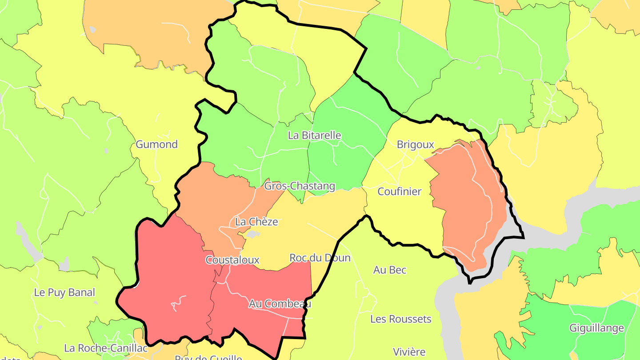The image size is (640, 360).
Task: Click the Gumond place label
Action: click(x=156, y=144)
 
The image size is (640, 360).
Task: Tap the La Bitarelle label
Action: click(x=315, y=135)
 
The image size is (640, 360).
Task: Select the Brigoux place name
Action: click(x=415, y=144)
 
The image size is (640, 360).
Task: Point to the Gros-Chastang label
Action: click(x=300, y=186)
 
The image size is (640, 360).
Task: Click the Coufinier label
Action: click(x=399, y=192)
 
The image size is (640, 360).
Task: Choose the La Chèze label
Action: click(x=256, y=222)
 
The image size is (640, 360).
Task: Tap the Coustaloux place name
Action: click(x=232, y=260)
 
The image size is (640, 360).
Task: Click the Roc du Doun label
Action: click(x=320, y=258)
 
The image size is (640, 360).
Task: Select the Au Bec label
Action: click(x=390, y=270)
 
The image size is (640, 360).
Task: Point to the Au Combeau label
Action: click(x=280, y=304)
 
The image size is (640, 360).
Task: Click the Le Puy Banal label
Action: click(x=64, y=292)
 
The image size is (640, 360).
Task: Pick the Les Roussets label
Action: click(x=401, y=319)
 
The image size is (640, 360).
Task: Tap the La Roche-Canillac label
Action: click(x=106, y=348)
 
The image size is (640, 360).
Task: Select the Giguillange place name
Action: click(x=597, y=328)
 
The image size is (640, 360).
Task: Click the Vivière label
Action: click(x=409, y=352)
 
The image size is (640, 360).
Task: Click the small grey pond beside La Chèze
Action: click(x=252, y=234)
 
